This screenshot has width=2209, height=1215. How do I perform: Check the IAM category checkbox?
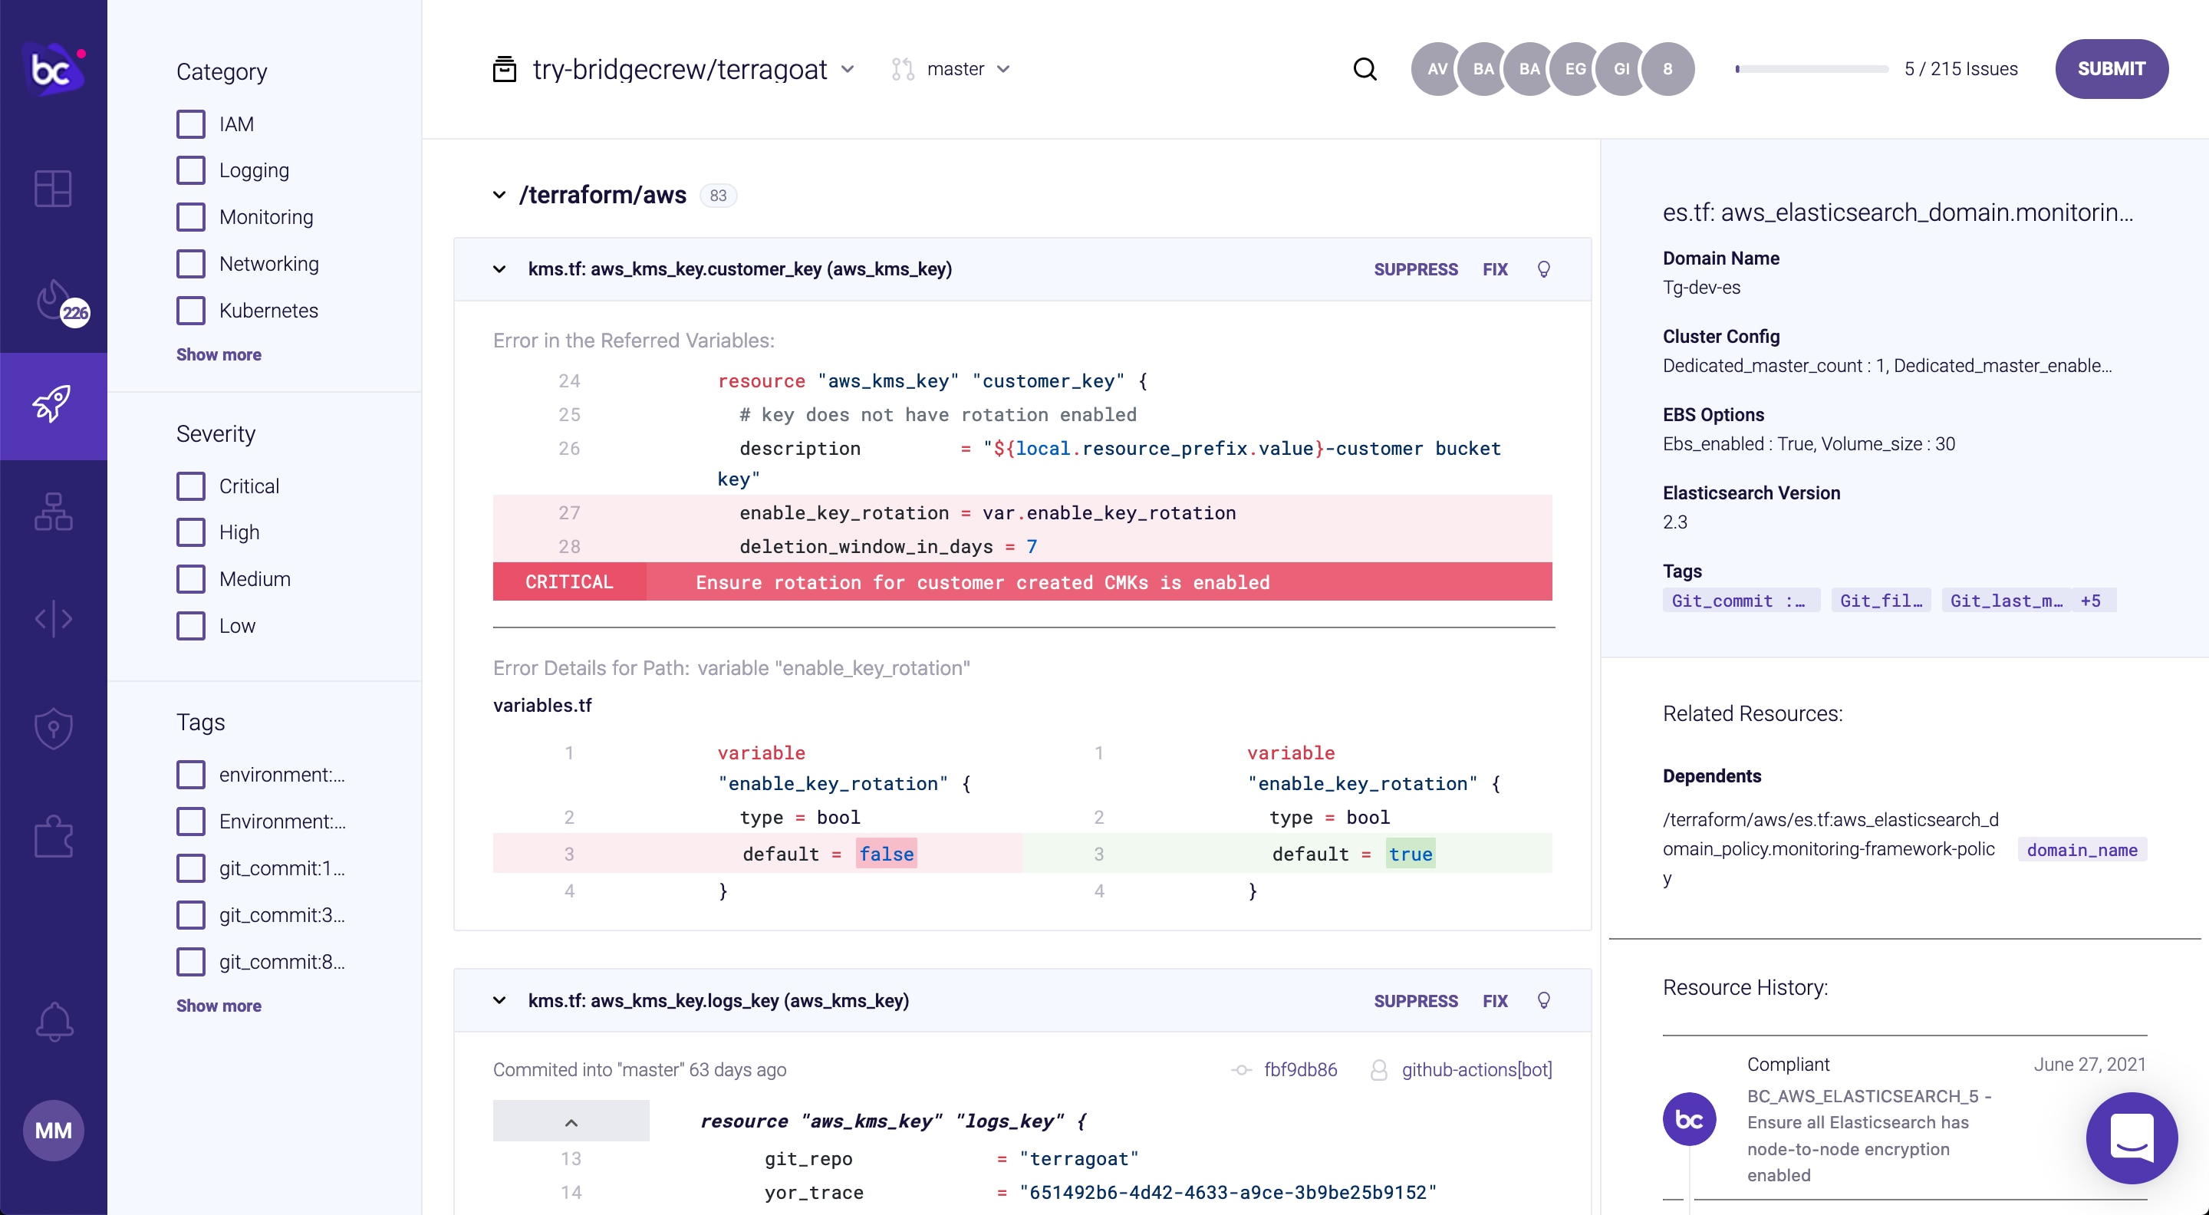(x=190, y=124)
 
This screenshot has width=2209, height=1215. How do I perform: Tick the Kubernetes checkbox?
(x=190, y=311)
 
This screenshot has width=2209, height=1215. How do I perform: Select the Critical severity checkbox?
(x=190, y=486)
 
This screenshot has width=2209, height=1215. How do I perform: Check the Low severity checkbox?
(x=190, y=626)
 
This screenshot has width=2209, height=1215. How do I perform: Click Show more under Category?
(x=219, y=354)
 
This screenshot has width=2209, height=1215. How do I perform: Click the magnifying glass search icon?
(x=1365, y=68)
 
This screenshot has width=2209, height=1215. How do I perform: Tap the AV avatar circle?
(x=1437, y=68)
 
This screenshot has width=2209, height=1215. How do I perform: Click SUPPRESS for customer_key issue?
(x=1415, y=269)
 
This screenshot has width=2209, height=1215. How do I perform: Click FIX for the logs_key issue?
(x=1495, y=1001)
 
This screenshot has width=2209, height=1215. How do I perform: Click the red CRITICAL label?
(x=568, y=582)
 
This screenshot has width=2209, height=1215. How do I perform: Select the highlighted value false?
(x=886, y=854)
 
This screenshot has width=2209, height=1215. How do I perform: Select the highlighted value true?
(x=1410, y=854)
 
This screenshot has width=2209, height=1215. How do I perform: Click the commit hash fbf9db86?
(x=1300, y=1069)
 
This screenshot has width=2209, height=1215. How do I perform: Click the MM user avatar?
(x=53, y=1130)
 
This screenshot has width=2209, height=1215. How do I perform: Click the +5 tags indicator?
(x=2090, y=600)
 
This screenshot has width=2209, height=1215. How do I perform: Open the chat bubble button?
(x=2131, y=1138)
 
